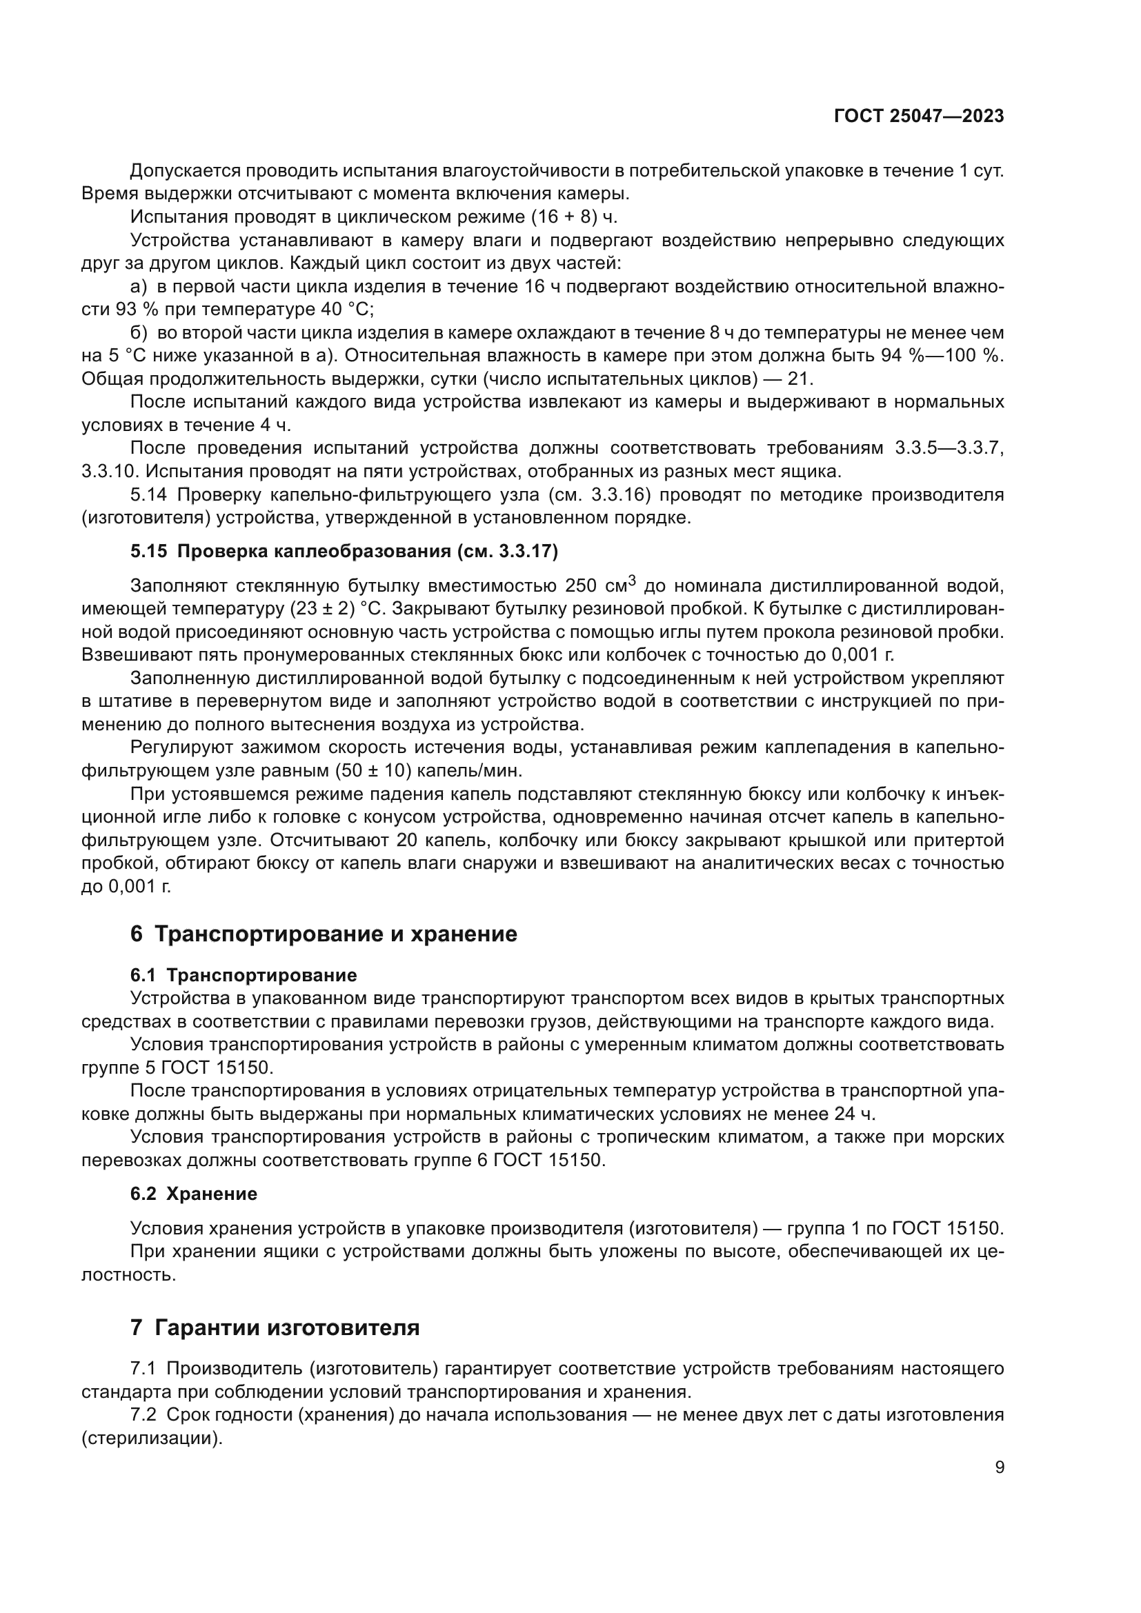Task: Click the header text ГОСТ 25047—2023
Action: pos(918,117)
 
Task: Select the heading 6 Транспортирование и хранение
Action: pos(324,934)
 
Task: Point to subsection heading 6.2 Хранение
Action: pos(193,1194)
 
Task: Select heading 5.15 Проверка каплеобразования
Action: pos(344,552)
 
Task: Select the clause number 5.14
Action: pos(148,495)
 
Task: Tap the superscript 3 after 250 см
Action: pos(633,579)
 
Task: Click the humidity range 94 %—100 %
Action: pos(942,355)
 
